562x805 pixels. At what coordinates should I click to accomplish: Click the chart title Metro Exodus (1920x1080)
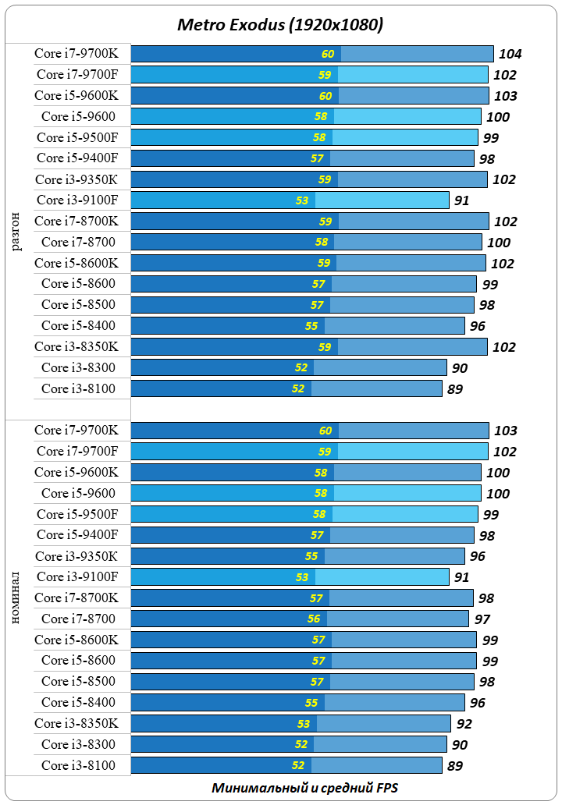280,25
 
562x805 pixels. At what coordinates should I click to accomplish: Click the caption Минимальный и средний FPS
304,788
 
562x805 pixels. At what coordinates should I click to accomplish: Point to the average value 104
510,54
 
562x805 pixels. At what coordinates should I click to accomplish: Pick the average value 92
464,723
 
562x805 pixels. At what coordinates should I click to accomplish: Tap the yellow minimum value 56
314,619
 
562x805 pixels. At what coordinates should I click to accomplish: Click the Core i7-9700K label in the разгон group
76,54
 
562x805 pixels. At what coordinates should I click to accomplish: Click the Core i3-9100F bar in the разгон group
290,200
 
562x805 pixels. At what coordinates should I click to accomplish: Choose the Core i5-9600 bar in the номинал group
305,493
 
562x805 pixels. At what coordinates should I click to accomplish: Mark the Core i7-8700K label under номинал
76,598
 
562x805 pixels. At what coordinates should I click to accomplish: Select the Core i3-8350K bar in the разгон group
309,346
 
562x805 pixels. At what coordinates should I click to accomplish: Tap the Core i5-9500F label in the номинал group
77,514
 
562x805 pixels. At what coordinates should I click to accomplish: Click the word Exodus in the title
254,25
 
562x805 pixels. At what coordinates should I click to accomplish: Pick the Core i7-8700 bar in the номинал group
300,619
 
